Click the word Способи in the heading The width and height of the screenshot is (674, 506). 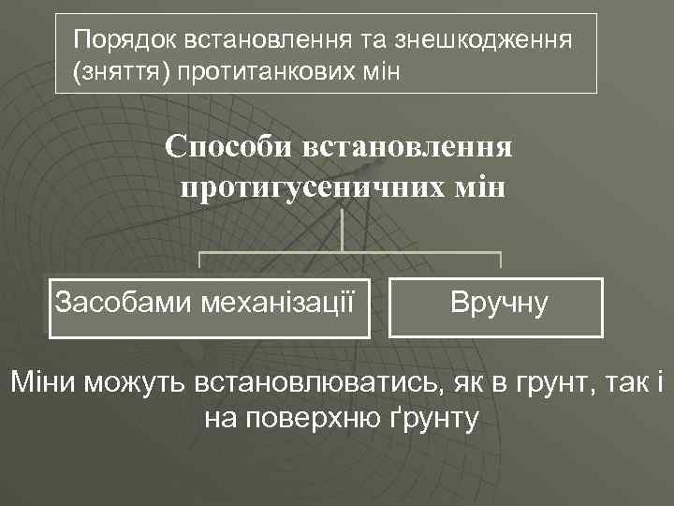click(x=229, y=146)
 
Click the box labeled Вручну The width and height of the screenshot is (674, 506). click(x=496, y=305)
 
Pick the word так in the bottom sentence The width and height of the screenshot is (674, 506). click(x=608, y=382)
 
